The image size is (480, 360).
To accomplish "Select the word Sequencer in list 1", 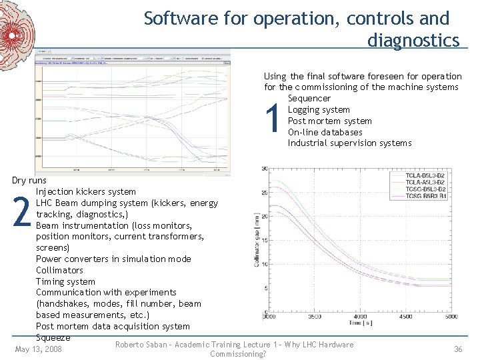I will click(309, 99).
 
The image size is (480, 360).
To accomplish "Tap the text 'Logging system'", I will click(319, 110).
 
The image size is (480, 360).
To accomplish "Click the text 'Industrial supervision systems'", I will click(349, 143).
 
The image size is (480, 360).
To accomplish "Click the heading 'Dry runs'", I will click(29, 181).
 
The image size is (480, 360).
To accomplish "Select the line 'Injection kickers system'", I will click(85, 192).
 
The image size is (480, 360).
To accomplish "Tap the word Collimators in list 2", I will click(59, 270).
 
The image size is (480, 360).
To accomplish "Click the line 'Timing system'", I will click(65, 281).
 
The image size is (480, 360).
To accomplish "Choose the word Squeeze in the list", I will click(53, 337).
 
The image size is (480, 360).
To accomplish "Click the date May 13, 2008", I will click(39, 349).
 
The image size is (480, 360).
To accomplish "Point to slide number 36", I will click(458, 349).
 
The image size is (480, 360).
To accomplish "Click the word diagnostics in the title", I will click(413, 41).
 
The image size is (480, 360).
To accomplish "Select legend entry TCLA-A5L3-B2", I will click(433, 182).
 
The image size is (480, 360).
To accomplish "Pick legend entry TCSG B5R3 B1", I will click(433, 197).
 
